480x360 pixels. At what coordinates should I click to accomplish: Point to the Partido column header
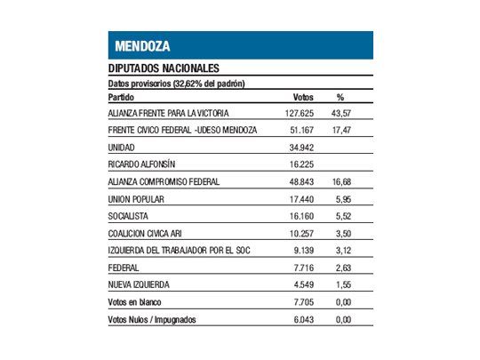(x=120, y=97)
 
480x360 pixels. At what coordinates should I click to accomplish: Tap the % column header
(x=340, y=97)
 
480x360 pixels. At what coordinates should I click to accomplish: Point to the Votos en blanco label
(x=132, y=301)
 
